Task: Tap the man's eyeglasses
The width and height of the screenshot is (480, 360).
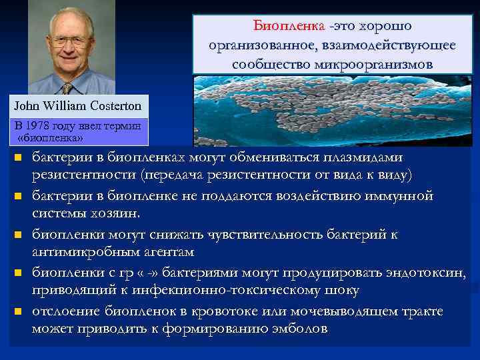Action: click(70, 39)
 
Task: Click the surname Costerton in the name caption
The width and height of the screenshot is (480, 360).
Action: click(113, 105)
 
